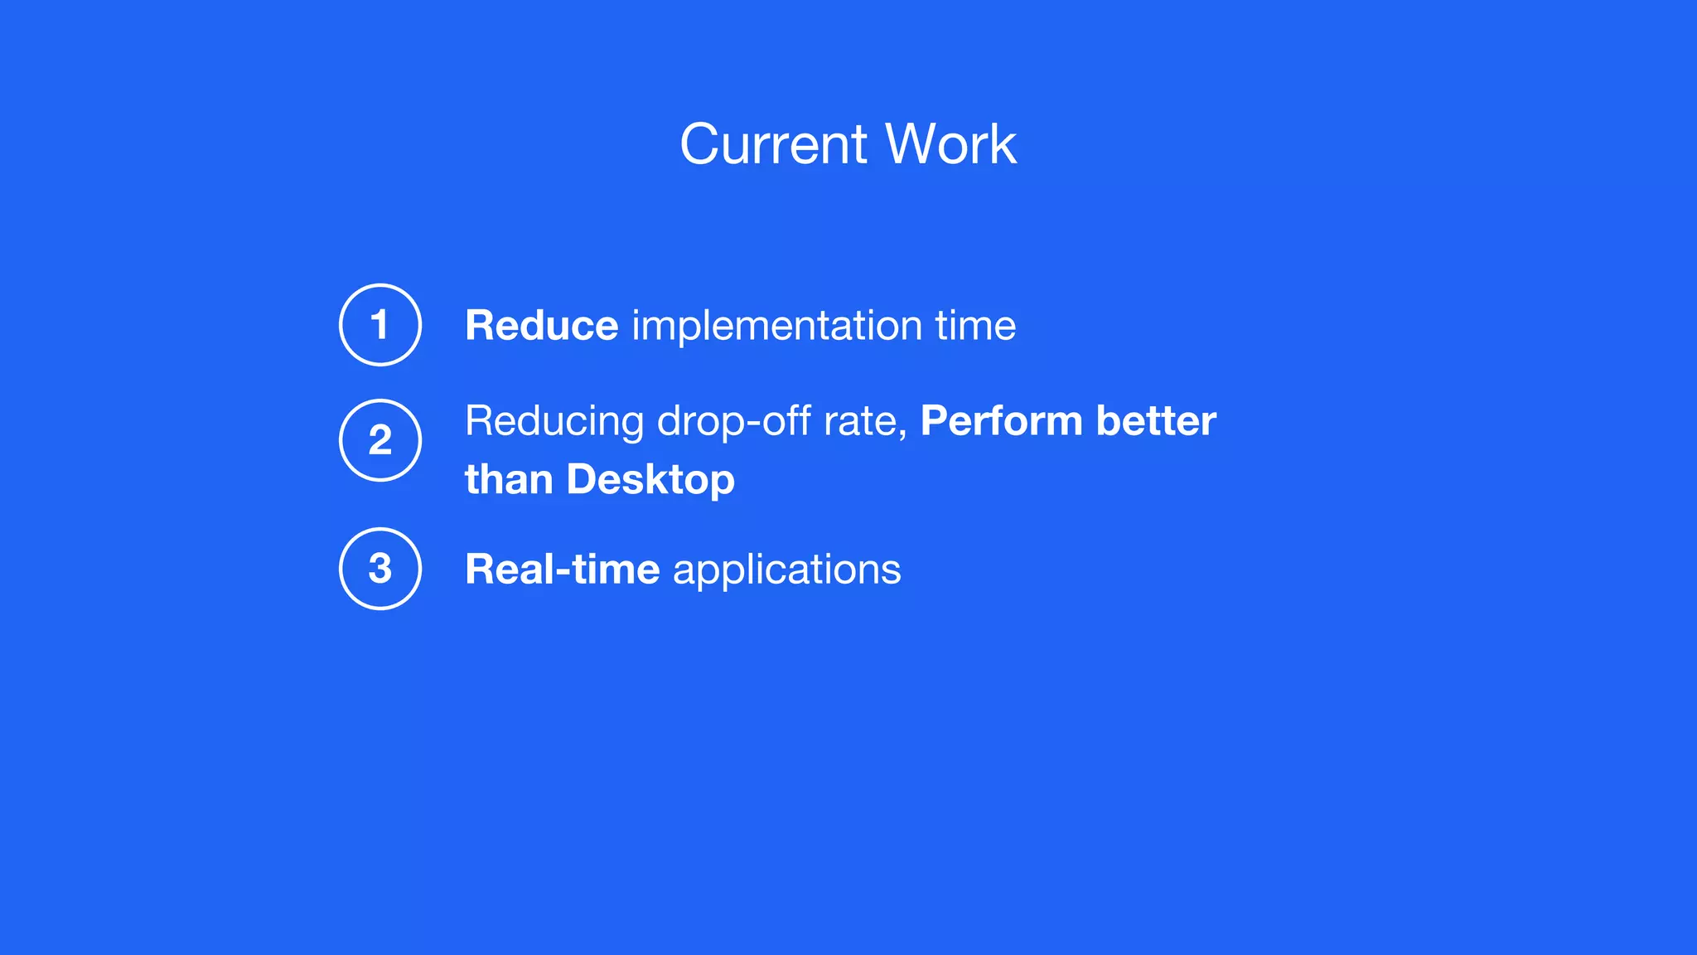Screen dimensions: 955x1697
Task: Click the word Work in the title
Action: pyautogui.click(x=950, y=144)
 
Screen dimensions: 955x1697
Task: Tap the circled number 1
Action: pyautogui.click(x=380, y=324)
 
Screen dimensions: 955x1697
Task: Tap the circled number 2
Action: pyautogui.click(x=380, y=440)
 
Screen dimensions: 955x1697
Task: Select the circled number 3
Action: pyautogui.click(x=380, y=569)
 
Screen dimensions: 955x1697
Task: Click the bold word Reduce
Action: pyautogui.click(x=541, y=325)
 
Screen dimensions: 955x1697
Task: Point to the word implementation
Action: pyautogui.click(x=777, y=325)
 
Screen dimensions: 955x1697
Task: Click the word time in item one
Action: pyautogui.click(x=975, y=325)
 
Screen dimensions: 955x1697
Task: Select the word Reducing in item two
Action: pyautogui.click(x=554, y=422)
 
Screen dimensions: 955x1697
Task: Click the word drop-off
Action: pyautogui.click(x=733, y=421)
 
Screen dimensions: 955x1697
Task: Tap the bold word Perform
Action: pyautogui.click(x=1001, y=421)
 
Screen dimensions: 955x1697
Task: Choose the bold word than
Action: pyautogui.click(x=508, y=480)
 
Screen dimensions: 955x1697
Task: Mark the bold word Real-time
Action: pyautogui.click(x=562, y=570)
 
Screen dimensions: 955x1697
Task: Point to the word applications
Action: pyautogui.click(x=786, y=570)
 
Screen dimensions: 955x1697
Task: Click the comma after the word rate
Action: pyautogui.click(x=903, y=434)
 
